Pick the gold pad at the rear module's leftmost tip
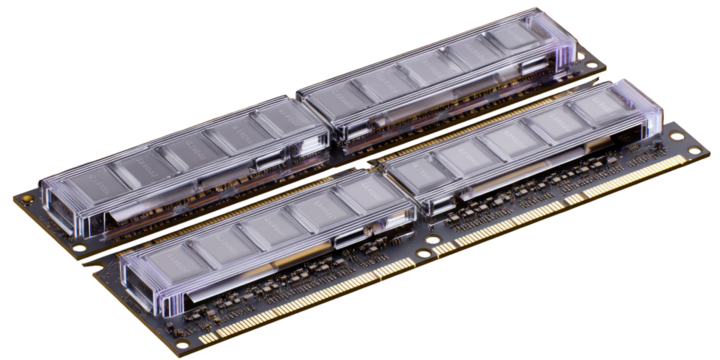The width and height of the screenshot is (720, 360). click(x=17, y=196)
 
